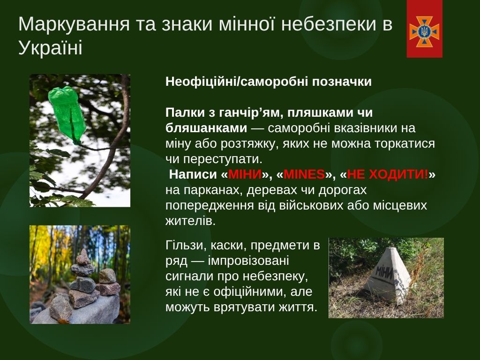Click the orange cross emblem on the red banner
424,31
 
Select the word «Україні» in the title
51,48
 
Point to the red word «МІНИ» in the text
245,174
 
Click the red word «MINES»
304,174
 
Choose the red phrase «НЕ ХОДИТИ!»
388,174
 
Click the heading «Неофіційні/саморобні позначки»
269,82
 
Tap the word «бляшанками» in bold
206,128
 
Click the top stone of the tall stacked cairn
83,257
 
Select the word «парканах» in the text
212,190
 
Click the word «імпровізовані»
248,261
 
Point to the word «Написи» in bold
193,174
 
